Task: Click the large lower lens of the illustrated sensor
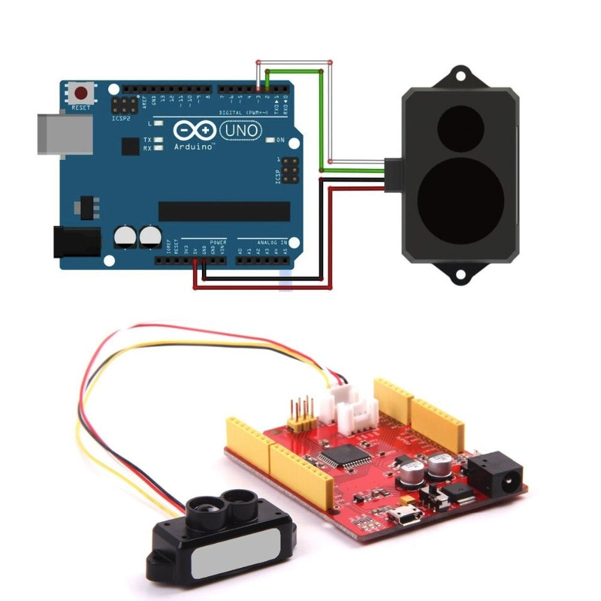coord(460,201)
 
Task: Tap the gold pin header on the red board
coord(300,415)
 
